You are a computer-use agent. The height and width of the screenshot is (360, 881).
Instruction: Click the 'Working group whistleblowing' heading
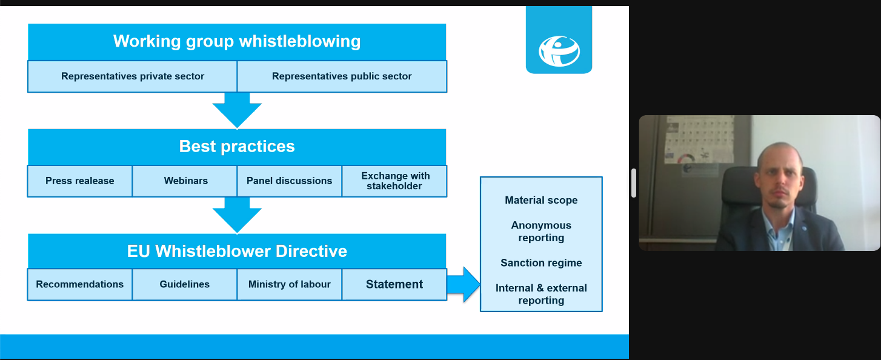coord(237,42)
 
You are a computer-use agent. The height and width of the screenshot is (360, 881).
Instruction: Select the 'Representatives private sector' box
coord(133,76)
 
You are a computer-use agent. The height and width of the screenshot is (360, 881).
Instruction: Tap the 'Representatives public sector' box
coord(342,76)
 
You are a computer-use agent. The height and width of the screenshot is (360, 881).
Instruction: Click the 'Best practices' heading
coord(237,147)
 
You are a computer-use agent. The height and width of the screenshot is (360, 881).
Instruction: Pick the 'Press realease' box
coord(80,181)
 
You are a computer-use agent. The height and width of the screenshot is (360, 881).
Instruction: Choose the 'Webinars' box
coord(185,181)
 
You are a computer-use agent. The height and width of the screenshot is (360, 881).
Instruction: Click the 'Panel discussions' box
coord(290,181)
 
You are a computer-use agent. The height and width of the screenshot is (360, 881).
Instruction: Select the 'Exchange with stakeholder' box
coord(394,181)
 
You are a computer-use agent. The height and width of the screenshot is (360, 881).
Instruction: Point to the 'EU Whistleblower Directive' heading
coord(237,252)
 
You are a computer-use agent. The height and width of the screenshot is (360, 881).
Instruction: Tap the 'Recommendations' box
coord(80,284)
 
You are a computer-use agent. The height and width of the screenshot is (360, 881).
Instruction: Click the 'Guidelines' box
coord(185,284)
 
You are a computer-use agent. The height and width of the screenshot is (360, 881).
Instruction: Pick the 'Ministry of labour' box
coord(290,284)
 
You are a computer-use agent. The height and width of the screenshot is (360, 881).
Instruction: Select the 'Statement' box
coord(394,284)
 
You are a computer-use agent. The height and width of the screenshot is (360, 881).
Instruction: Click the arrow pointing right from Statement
coord(464,284)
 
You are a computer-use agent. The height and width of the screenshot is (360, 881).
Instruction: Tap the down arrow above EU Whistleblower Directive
coord(237,215)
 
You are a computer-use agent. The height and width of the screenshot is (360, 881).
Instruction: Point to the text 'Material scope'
coord(541,200)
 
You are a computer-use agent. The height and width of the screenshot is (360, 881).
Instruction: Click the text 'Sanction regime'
coord(541,263)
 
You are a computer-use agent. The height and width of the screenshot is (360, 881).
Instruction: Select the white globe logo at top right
coord(559,51)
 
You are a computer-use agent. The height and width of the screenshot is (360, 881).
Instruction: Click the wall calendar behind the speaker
coord(699,139)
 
